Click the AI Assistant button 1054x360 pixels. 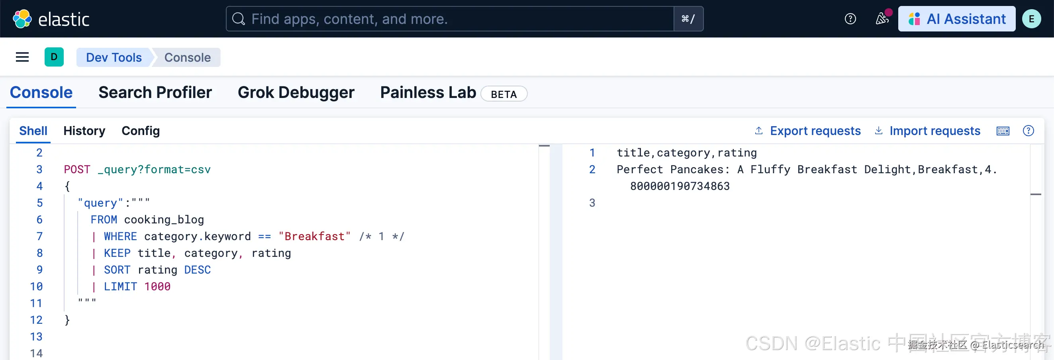pyautogui.click(x=956, y=19)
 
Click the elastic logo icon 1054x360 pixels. pyautogui.click(x=22, y=19)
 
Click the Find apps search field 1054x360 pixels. pyautogui.click(x=450, y=19)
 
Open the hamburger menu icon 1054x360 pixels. pyautogui.click(x=22, y=57)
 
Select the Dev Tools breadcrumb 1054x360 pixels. pyautogui.click(x=114, y=57)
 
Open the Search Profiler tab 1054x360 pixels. pyautogui.click(x=155, y=92)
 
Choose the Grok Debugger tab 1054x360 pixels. pyautogui.click(x=296, y=92)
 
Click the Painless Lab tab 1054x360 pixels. pyautogui.click(x=428, y=92)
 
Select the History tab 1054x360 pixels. pyautogui.click(x=84, y=131)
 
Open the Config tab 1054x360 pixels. pyautogui.click(x=140, y=131)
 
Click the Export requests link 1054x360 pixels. pyautogui.click(x=815, y=131)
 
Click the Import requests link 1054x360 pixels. pyautogui.click(x=934, y=131)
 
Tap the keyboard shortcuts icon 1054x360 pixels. pyautogui.click(x=1003, y=131)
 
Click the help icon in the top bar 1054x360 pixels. pyautogui.click(x=850, y=19)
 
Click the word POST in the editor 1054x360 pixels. pyautogui.click(x=77, y=169)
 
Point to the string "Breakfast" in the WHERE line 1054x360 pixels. pyautogui.click(x=314, y=237)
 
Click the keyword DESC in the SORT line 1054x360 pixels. pyautogui.click(x=197, y=270)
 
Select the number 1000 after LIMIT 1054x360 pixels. pyautogui.click(x=157, y=287)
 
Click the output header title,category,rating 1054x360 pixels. pyautogui.click(x=687, y=153)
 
